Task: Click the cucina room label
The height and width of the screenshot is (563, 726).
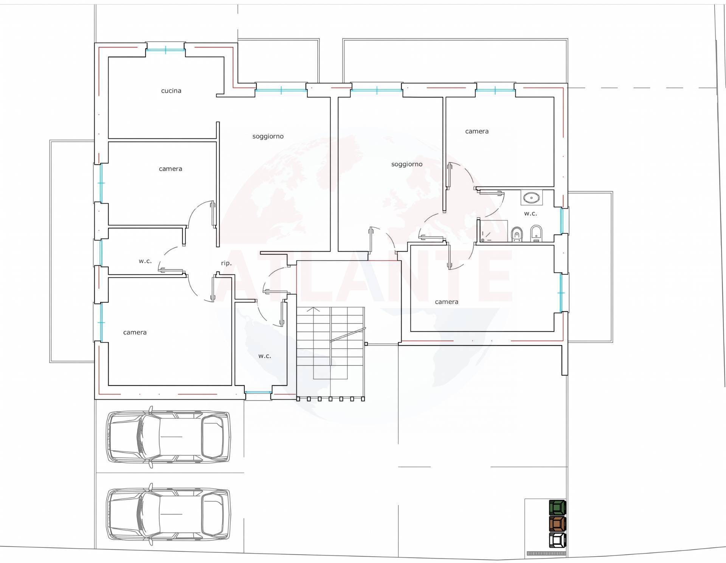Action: point(171,91)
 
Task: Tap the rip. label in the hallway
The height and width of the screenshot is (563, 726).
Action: point(226,263)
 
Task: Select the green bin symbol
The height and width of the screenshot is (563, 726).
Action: point(557,507)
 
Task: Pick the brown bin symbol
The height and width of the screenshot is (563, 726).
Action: point(557,524)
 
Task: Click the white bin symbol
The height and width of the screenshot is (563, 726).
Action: point(557,540)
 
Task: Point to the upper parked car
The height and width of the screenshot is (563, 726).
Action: point(168,437)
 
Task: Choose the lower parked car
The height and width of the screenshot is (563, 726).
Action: point(168,514)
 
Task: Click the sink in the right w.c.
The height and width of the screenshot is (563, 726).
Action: point(532,198)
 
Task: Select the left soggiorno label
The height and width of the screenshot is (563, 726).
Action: point(268,136)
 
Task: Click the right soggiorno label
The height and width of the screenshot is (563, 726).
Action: point(406,164)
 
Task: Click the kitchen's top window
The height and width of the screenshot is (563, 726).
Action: point(165,50)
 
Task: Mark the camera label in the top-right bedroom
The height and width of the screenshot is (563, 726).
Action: point(476,131)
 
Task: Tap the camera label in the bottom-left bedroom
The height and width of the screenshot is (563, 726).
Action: point(135,333)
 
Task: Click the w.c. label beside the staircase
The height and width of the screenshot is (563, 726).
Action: point(265,356)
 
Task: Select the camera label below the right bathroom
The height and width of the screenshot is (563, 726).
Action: point(446,302)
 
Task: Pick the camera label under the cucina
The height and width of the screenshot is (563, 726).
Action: point(170,169)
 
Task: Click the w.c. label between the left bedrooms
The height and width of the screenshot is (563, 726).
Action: point(145,261)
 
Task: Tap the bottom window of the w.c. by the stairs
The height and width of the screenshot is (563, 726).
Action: point(258,392)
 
